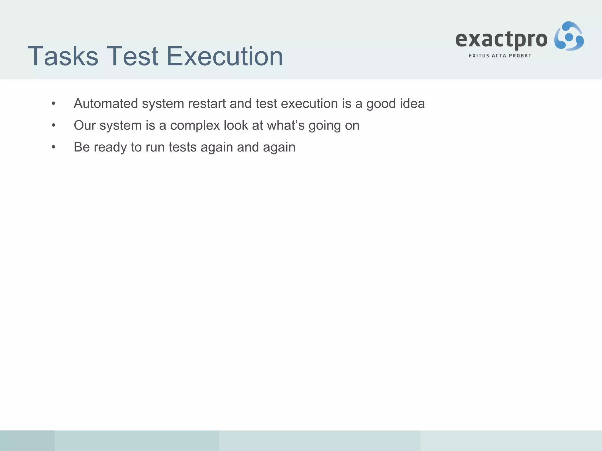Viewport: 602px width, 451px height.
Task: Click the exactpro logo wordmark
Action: (501, 40)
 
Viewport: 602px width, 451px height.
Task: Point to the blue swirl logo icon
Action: (569, 36)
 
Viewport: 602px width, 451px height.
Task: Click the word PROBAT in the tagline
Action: (520, 56)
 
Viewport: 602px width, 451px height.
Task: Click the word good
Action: (378, 104)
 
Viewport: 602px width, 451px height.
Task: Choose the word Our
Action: (85, 125)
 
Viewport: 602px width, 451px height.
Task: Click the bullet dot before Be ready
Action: (53, 147)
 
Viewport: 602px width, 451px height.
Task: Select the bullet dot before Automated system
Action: (53, 104)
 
